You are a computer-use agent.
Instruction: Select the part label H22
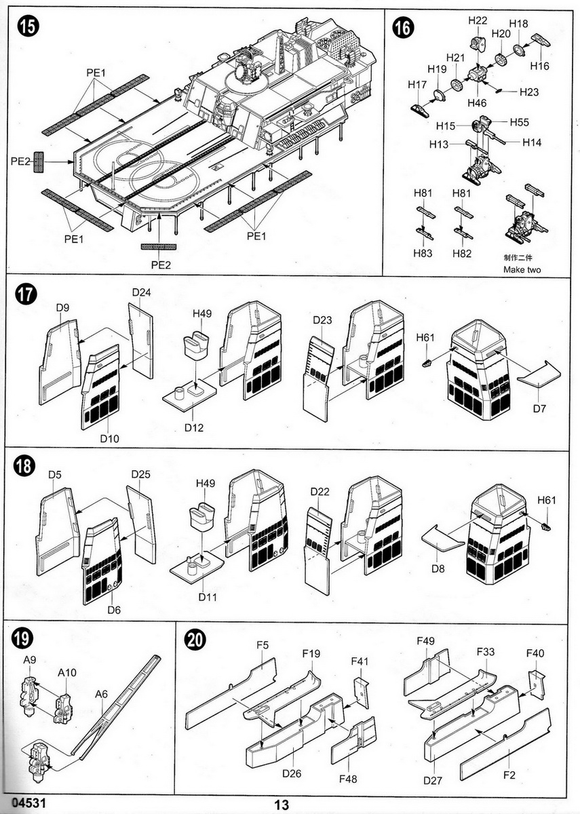point(478,20)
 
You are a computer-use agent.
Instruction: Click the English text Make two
point(522,269)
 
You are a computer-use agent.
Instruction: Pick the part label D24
point(142,292)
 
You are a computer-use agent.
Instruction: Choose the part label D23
point(322,320)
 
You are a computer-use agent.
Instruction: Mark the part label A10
point(67,673)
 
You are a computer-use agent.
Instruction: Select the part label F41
point(360,661)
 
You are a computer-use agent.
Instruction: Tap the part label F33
point(486,651)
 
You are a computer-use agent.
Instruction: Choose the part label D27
point(433,780)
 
